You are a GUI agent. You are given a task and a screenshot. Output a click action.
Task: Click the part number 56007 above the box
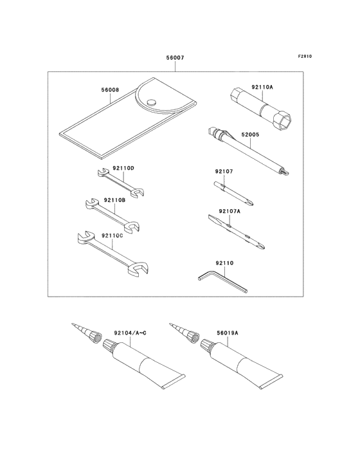coord(175,57)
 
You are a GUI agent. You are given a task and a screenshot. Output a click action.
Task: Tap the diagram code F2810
coord(305,56)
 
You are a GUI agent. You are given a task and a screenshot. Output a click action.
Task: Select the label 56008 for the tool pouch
coord(110,90)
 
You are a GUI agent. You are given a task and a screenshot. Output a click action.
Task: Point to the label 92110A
coord(262,87)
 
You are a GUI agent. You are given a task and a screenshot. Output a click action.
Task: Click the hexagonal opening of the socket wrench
coord(283,121)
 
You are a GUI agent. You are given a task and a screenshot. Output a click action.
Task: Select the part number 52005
coord(250,134)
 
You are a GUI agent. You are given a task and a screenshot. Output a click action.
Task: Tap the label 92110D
coord(123,168)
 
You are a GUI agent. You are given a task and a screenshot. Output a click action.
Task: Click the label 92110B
coord(115,199)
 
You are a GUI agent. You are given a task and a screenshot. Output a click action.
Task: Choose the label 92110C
coord(113,235)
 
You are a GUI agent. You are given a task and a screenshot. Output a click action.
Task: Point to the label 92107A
coord(230,211)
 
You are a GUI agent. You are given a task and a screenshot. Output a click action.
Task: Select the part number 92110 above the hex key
coord(224,263)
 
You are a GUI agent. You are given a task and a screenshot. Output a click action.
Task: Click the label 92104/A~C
coord(130,333)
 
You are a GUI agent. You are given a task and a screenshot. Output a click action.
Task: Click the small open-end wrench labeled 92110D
coord(121,183)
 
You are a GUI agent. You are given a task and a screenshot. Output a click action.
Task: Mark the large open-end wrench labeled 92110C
coord(113,254)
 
